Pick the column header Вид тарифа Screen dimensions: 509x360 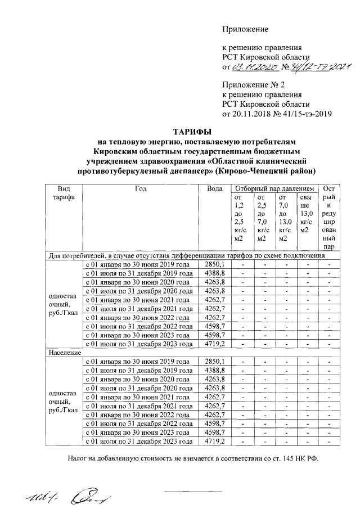(64, 194)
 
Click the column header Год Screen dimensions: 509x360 (141, 189)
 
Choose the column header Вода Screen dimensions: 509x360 (214, 189)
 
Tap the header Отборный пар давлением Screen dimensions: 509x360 (274, 189)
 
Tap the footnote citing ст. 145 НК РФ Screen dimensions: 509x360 (193, 458)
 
